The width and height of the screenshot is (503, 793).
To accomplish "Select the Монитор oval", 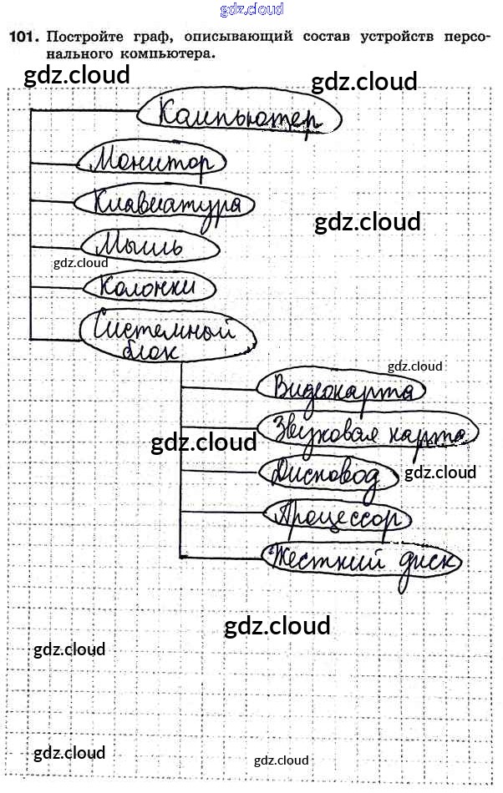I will point(151,160).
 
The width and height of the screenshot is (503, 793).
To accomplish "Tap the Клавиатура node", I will point(158,203).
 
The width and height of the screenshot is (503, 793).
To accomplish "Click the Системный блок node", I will point(167,335).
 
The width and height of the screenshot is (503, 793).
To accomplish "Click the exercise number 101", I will point(23,37).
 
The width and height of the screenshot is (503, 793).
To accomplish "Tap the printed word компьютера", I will point(167,53).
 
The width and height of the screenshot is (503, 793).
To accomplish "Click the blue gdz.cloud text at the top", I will point(251,10).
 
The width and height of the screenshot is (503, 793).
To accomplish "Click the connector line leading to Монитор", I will point(54,161).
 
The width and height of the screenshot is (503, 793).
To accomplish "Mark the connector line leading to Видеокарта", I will point(217,387).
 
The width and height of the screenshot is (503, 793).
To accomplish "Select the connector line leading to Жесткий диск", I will point(221,558).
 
